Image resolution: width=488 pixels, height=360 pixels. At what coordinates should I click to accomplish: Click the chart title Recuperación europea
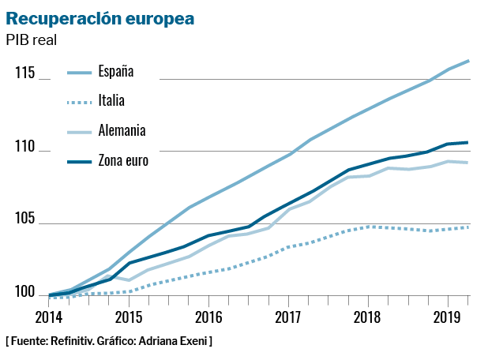[x=100, y=18]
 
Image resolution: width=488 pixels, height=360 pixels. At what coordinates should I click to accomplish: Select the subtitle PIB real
[x=35, y=39]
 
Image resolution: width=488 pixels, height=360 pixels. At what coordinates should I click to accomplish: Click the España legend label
[x=116, y=71]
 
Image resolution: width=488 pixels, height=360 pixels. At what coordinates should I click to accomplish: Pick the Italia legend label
[x=111, y=100]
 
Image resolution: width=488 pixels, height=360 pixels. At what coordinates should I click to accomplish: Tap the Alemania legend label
[x=122, y=130]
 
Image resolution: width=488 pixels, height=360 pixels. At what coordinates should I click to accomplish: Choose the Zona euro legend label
[x=123, y=160]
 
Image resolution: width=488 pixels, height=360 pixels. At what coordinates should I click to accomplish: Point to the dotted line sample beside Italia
[x=78, y=101]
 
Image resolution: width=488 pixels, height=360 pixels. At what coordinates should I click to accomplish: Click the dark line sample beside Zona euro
[x=78, y=161]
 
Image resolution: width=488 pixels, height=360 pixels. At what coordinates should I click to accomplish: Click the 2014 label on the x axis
[x=49, y=317]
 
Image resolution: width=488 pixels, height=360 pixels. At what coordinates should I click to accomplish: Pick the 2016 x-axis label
[x=208, y=317]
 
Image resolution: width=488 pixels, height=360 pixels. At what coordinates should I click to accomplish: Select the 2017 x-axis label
[x=288, y=317]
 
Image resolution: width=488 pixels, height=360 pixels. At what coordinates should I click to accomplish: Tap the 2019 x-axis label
[x=448, y=317]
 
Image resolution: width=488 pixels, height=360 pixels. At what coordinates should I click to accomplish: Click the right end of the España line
[x=469, y=61]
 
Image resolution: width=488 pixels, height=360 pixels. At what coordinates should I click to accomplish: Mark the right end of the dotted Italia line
[x=469, y=227]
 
